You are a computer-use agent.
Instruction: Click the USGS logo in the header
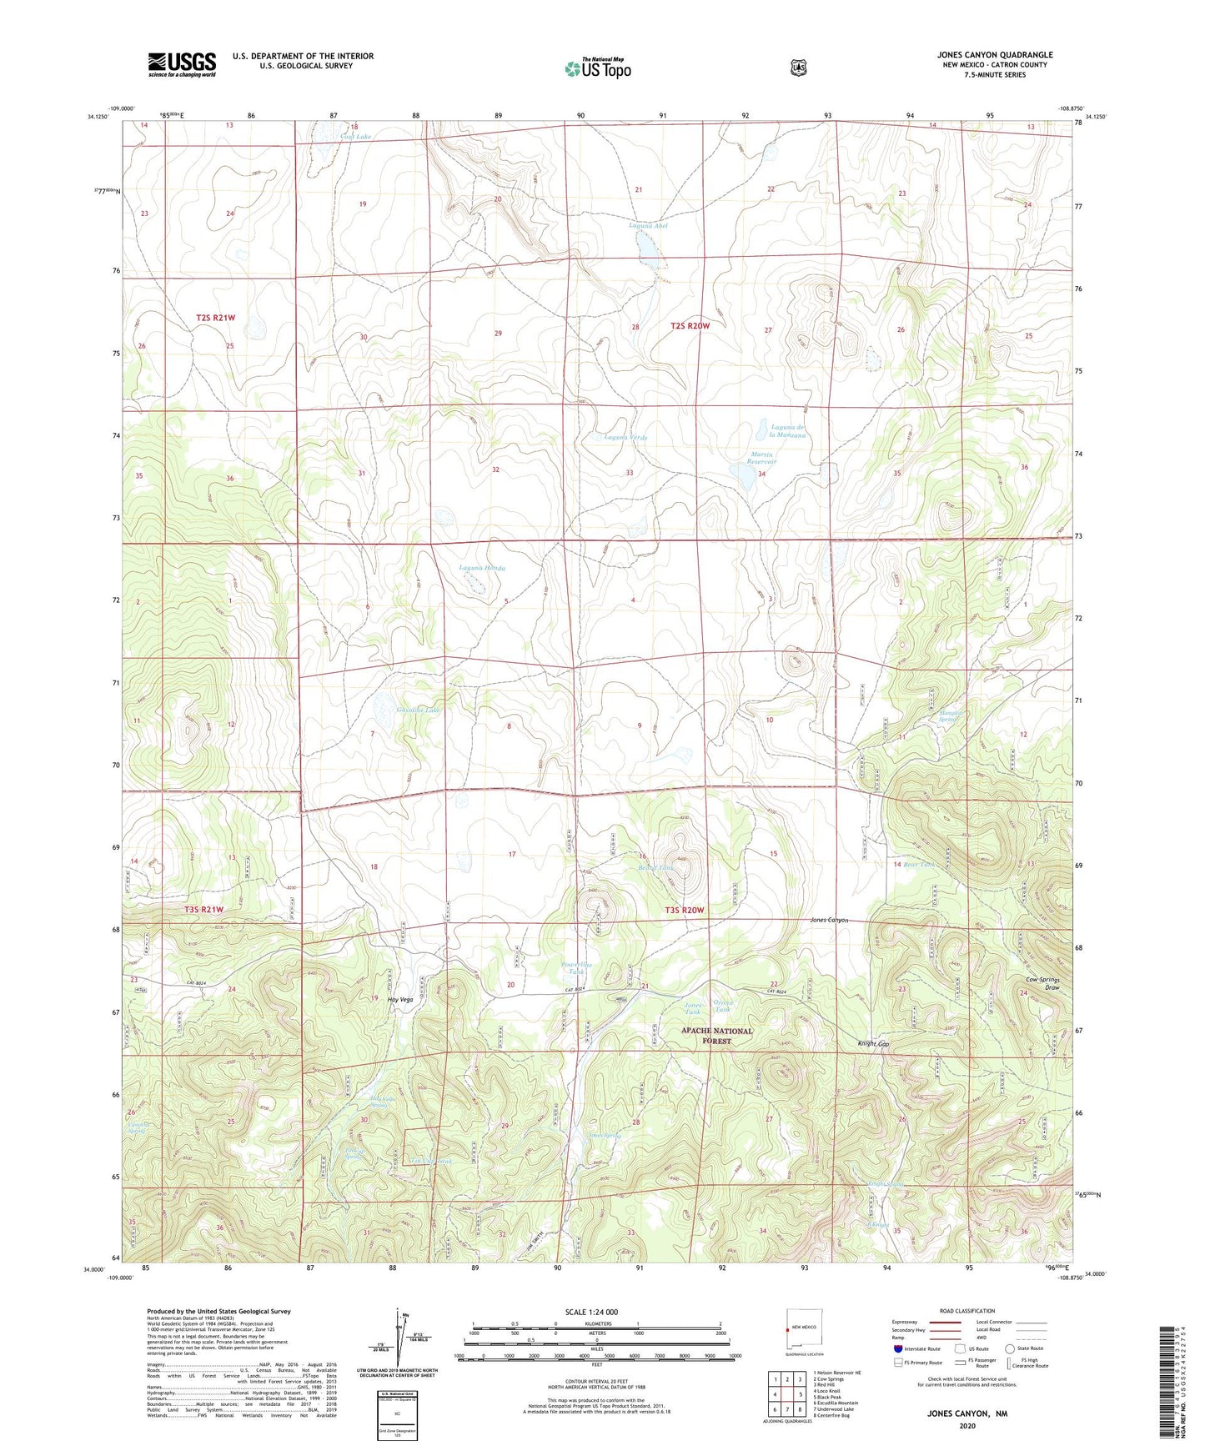click(x=182, y=64)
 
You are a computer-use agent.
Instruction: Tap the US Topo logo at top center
click(x=597, y=68)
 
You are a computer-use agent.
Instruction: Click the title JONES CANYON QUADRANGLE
click(x=994, y=55)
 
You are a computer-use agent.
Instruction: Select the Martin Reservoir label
click(x=761, y=458)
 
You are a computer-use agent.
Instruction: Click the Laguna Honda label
click(x=482, y=568)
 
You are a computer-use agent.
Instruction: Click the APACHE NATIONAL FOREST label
click(x=716, y=1036)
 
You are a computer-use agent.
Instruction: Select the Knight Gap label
click(x=874, y=1043)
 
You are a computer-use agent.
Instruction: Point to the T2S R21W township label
click(x=216, y=318)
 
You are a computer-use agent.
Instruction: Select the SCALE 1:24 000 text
click(x=591, y=1312)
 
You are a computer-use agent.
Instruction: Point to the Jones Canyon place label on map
click(x=829, y=920)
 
